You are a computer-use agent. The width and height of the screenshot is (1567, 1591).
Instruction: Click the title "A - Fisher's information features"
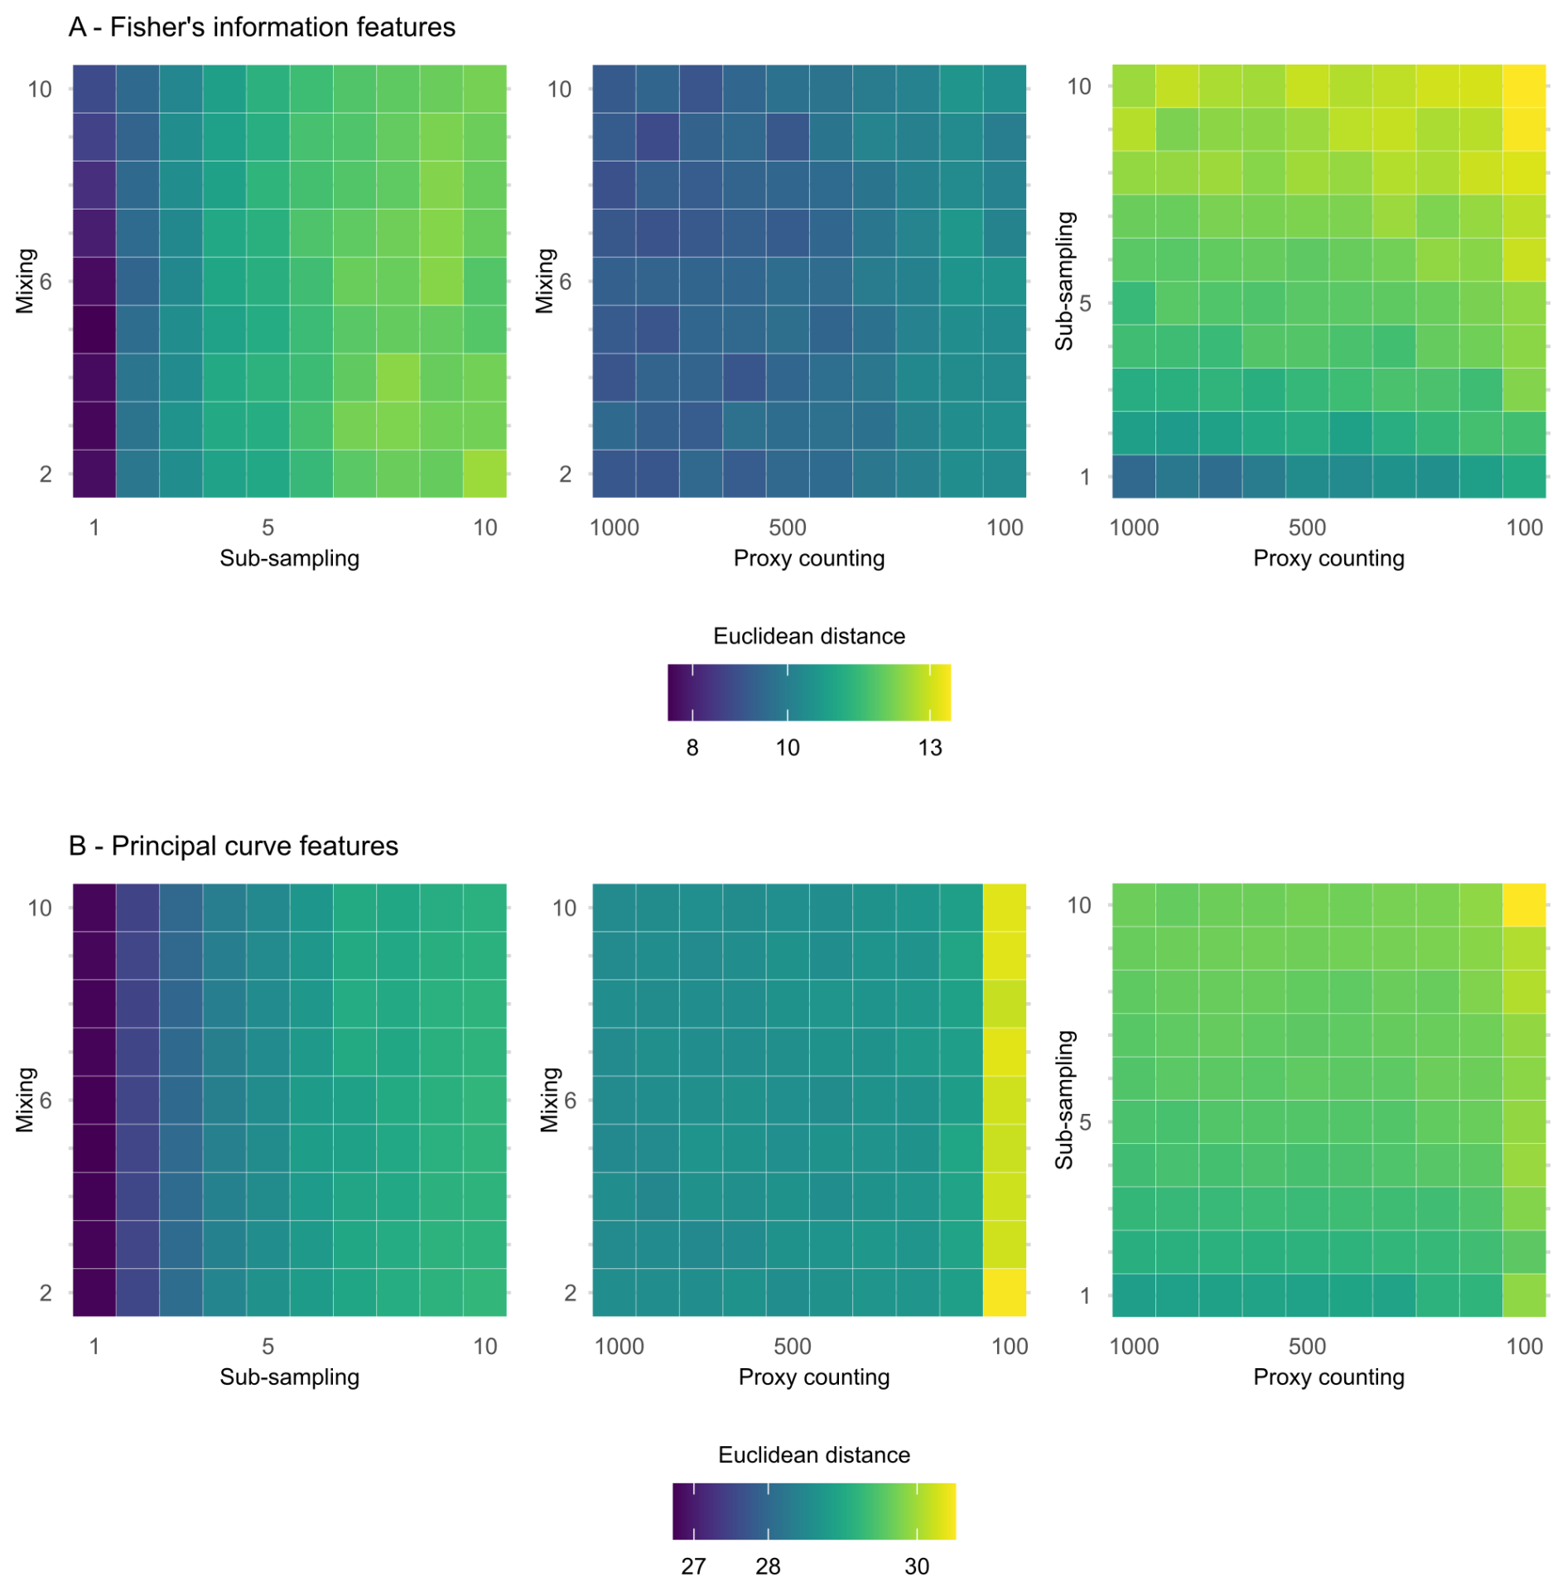click(262, 27)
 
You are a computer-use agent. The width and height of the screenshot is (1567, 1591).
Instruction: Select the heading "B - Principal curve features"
click(234, 846)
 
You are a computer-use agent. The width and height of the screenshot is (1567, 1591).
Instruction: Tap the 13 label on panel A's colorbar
click(929, 748)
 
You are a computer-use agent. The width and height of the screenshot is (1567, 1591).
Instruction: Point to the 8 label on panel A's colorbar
click(692, 748)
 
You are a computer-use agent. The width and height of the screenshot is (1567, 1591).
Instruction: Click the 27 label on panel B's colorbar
click(693, 1566)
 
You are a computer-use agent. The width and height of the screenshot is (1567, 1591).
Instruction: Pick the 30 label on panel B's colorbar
click(916, 1566)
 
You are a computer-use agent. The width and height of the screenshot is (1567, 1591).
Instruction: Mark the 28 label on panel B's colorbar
click(768, 1566)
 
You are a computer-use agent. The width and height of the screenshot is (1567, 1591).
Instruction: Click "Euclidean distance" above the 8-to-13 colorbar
click(808, 636)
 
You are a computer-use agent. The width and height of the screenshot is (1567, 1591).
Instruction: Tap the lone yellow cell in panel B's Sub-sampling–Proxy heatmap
click(1523, 904)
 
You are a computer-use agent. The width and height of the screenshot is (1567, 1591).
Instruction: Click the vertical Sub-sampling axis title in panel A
click(1064, 281)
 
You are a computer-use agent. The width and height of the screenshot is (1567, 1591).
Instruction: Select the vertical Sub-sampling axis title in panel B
click(1064, 1099)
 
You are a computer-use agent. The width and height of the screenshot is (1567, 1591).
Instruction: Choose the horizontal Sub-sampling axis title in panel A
click(289, 558)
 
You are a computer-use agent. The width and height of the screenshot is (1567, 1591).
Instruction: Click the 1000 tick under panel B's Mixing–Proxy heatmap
click(619, 1346)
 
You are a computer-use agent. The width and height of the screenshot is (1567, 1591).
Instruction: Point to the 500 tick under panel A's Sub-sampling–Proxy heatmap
click(1307, 528)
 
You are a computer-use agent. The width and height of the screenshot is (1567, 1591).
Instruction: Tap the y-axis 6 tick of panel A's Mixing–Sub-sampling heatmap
click(46, 282)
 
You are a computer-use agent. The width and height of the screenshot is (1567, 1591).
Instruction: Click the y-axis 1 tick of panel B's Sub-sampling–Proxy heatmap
click(1085, 1295)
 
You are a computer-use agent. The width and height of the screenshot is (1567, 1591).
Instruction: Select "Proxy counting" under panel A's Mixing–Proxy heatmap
click(808, 558)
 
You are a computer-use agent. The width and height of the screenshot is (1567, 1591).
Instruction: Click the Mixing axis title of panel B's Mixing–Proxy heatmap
click(549, 1099)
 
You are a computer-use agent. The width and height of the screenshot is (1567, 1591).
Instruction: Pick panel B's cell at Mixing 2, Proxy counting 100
click(1004, 1291)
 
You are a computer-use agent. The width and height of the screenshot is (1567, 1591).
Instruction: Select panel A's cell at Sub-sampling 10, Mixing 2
click(484, 473)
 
